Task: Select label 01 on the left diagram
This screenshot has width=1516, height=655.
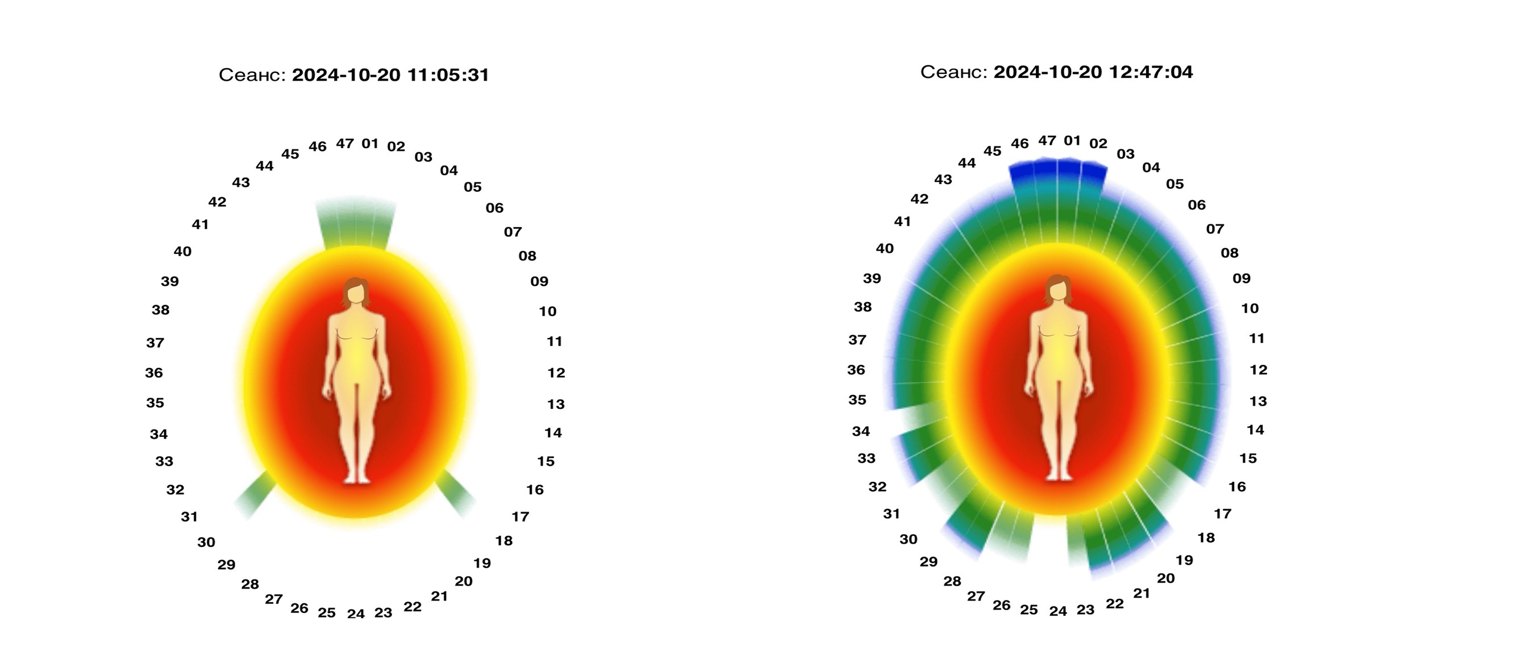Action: coord(369,144)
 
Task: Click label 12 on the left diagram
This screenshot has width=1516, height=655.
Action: coord(556,373)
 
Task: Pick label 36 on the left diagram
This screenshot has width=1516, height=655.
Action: coord(153,373)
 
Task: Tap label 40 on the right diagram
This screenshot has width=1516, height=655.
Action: coord(885,248)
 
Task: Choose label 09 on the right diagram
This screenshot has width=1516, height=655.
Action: coord(1241,278)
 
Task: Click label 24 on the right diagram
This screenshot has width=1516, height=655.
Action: coord(1057,611)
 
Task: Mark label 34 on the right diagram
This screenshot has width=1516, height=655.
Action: coord(860,431)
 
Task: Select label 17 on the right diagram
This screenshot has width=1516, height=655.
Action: coord(1222,514)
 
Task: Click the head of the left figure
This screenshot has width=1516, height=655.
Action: coord(356,291)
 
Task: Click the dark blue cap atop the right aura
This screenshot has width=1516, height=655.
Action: coord(1057,171)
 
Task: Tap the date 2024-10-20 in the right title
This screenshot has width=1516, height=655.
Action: coord(1047,72)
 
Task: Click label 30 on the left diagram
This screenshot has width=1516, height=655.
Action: coord(206,542)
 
